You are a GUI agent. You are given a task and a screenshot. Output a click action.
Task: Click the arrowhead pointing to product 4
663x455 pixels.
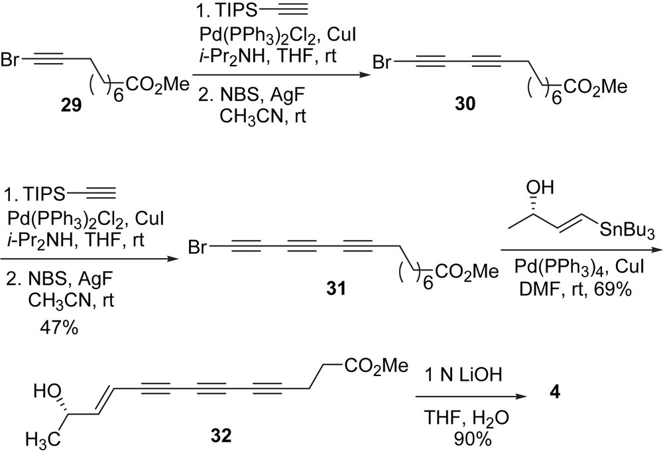pyautogui.click(x=531, y=396)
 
